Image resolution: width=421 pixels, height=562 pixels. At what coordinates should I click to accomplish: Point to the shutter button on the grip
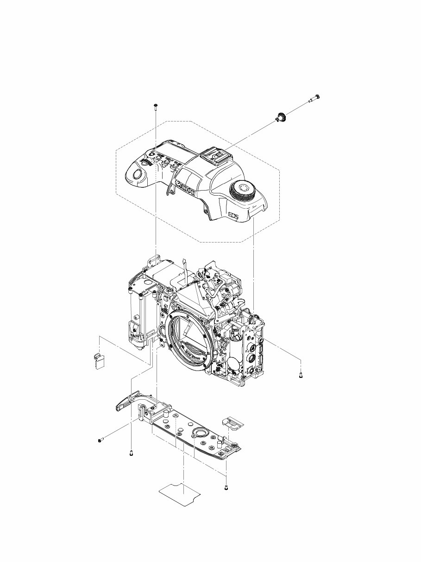pos(137,174)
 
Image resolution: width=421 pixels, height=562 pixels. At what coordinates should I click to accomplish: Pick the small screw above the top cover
pos(156,106)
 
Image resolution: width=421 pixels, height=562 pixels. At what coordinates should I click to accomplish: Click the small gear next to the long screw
pos(281,117)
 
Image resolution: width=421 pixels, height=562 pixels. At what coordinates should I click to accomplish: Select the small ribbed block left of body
pos(97,361)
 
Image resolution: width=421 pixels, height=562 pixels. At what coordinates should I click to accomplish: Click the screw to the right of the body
pos(302,375)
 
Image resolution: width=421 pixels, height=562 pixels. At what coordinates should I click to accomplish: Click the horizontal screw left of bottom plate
pos(100,440)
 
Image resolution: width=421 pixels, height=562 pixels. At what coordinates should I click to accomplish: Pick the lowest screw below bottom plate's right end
pos(226,487)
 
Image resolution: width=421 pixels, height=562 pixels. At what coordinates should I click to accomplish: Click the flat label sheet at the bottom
pos(180,494)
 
